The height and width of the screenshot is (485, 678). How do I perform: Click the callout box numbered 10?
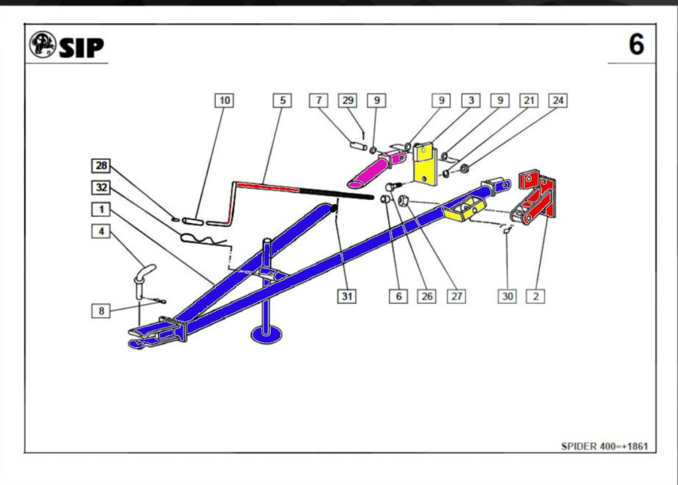pos(225,101)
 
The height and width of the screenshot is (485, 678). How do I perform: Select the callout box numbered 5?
pos(283,101)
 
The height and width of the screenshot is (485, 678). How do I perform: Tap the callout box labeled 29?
pos(348,101)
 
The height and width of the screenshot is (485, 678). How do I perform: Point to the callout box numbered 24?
pos(558,101)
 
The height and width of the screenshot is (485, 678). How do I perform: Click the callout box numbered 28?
pos(101,165)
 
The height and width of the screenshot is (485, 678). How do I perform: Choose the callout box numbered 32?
pos(101,188)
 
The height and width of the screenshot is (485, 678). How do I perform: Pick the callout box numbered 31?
pos(346,296)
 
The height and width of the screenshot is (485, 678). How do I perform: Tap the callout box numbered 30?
pos(507,296)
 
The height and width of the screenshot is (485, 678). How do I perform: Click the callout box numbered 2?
pos(536,296)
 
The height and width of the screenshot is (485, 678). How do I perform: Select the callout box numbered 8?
pos(101,309)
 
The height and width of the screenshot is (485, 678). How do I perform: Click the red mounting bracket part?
pos(536,195)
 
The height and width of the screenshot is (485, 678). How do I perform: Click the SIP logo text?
pos(81,47)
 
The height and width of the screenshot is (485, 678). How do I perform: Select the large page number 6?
pos(636,45)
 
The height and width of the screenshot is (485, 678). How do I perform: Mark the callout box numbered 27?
pos(456,296)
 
